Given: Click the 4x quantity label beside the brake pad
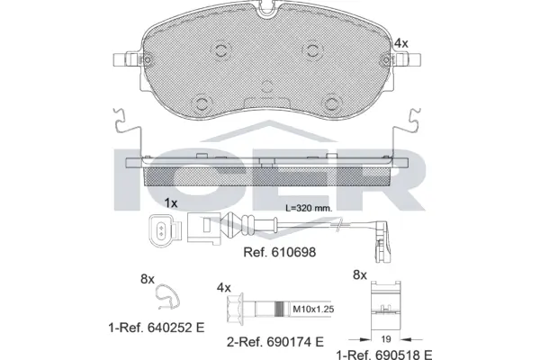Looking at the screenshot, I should [x=401, y=42].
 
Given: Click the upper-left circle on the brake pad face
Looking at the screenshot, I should [x=213, y=51].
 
